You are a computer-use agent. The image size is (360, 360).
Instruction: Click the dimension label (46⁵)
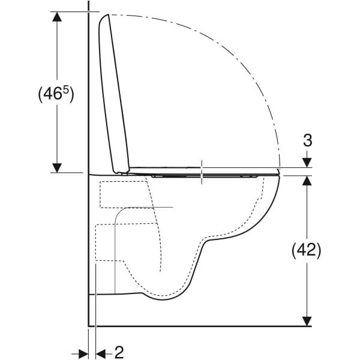click(56, 94)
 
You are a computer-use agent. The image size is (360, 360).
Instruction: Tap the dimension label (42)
click(306, 250)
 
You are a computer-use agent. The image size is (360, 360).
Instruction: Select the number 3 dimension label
click(308, 140)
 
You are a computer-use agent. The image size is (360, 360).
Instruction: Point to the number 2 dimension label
click(119, 352)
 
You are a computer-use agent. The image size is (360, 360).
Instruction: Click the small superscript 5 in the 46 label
click(66, 90)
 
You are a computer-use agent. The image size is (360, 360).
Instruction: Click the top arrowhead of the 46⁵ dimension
click(57, 17)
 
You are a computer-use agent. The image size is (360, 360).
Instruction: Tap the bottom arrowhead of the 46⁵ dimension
click(57, 167)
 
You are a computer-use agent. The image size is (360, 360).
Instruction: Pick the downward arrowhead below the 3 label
click(307, 163)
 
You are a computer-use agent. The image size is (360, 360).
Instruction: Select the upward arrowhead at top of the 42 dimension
click(307, 181)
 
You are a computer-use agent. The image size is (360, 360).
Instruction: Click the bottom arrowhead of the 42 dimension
click(307, 321)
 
